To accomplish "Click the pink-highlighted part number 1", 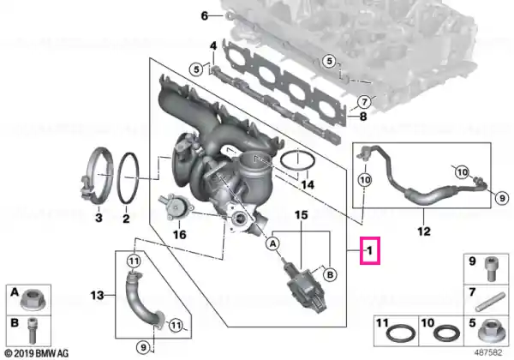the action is tap(370, 251).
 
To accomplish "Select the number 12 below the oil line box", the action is tap(423, 231).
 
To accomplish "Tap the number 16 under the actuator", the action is tap(179, 234).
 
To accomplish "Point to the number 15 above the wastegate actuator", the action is tap(302, 215).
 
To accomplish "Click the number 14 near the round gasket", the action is tap(308, 184).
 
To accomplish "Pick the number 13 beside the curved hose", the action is tap(98, 296).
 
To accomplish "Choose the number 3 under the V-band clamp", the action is tap(99, 218).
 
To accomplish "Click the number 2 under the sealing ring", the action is tap(126, 218).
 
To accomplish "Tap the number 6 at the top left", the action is tap(205, 15).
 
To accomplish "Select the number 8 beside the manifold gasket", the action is tap(363, 117).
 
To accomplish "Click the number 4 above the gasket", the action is tap(213, 46).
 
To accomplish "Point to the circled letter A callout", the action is tap(272, 243).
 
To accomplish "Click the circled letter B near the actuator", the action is tap(330, 274).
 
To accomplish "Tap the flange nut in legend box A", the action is tap(31, 302).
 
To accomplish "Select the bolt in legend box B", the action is tap(31, 330).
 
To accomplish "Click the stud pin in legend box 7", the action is tap(489, 302).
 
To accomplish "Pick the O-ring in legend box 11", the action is tap(401, 334).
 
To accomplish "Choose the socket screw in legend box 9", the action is tap(491, 268).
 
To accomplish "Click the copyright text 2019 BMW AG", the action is tap(36, 353).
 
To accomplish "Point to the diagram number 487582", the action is tap(488, 353).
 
